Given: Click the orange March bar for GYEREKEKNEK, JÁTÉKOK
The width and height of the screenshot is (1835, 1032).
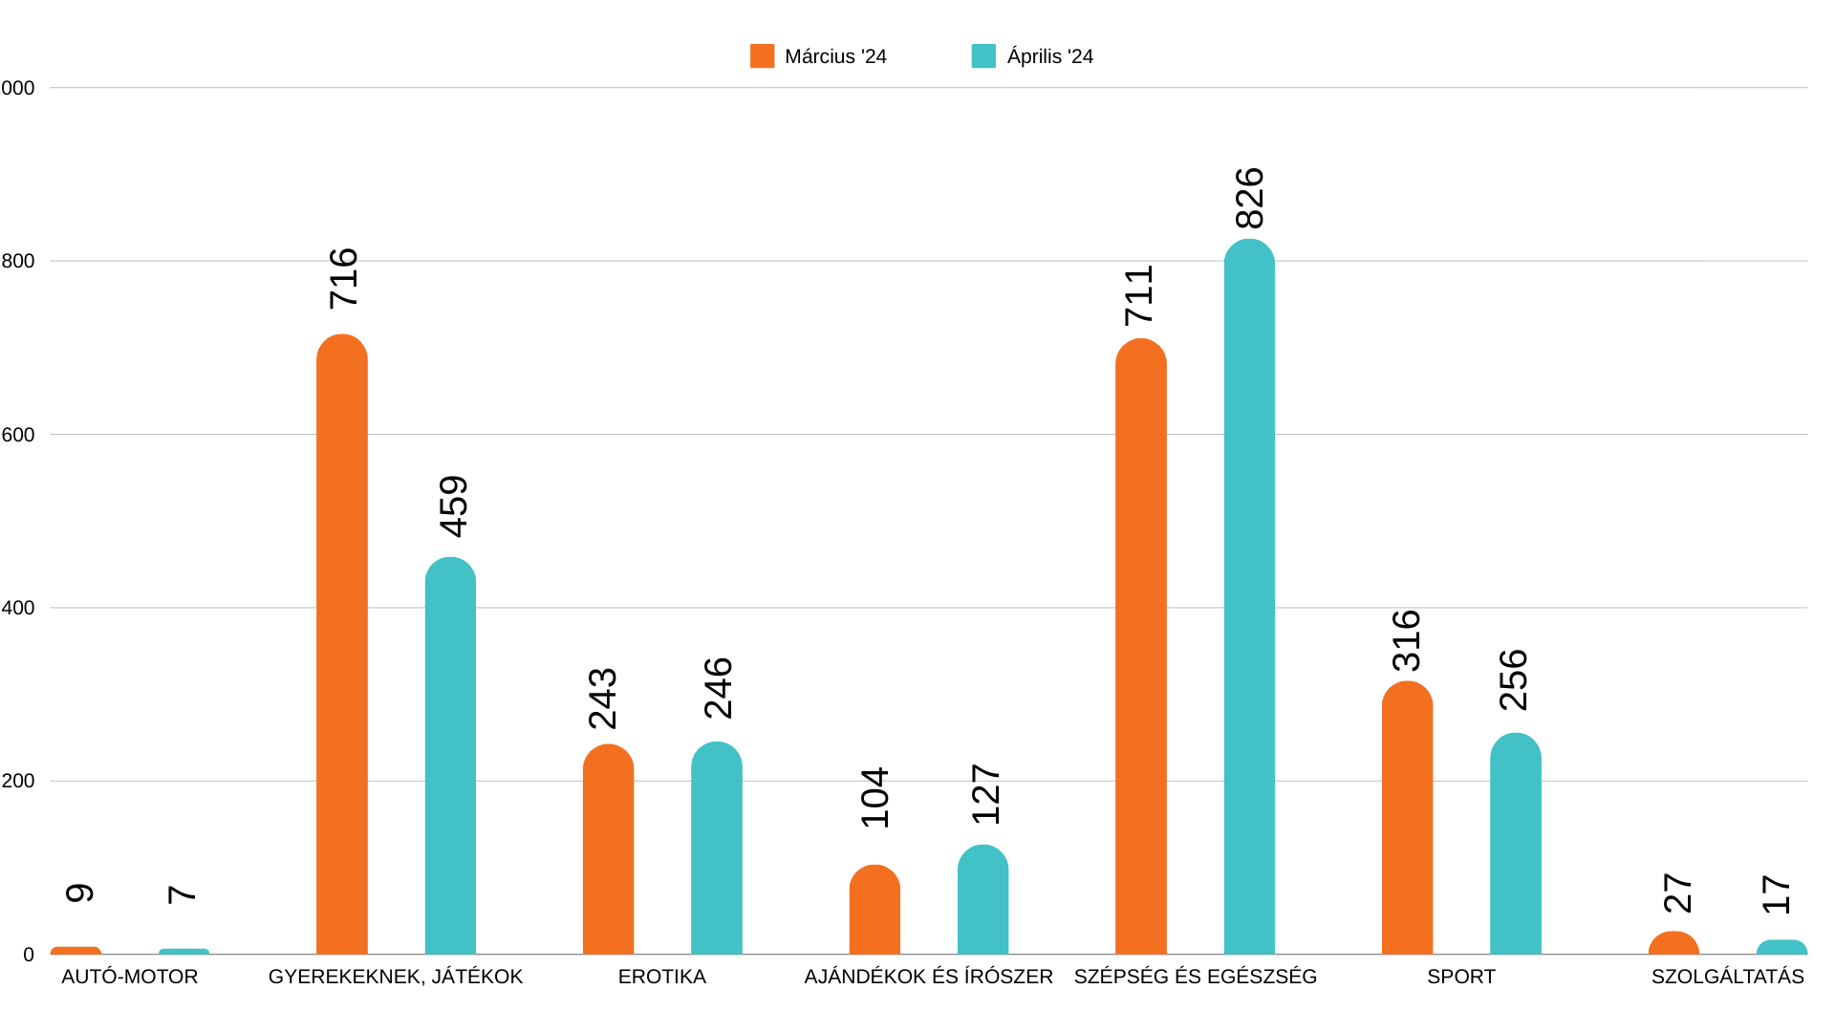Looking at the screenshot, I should tap(341, 645).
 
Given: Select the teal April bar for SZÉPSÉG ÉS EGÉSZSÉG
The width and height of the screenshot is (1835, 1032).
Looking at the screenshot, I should tap(1249, 597).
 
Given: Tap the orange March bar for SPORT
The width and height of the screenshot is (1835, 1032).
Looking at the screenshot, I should tap(1407, 818).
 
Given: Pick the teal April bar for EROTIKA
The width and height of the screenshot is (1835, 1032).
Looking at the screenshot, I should tap(716, 849).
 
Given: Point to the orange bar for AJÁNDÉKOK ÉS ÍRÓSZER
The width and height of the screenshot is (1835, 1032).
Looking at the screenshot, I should tap(874, 910).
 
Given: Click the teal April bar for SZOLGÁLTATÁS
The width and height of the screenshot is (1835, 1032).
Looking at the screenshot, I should tap(1781, 947).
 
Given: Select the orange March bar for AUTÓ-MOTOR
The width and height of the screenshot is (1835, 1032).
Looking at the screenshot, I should tap(76, 950).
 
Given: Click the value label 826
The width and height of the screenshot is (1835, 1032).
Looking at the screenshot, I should tap(1249, 199).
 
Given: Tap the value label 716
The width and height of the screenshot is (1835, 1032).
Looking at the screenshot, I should tap(343, 278).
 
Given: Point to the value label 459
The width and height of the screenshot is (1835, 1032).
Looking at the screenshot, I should tap(453, 506).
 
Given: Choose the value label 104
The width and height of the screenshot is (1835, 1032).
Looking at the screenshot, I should tap(874, 798).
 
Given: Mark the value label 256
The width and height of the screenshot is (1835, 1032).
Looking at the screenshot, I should tap(1514, 680).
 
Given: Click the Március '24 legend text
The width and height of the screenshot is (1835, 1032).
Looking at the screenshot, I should tap(835, 56).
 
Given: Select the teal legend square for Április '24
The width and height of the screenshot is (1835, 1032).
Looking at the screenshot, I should tap(983, 56).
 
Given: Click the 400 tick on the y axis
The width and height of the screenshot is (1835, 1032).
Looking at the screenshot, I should tap(18, 608).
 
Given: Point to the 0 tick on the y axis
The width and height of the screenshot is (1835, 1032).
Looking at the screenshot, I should tap(29, 955).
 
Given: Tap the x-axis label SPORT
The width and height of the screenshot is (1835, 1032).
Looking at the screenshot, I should tap(1460, 977).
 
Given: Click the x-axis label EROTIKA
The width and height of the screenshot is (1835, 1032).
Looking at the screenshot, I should tap(661, 977).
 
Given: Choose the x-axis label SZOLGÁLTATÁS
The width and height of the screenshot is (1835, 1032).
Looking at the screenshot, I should tap(1727, 977).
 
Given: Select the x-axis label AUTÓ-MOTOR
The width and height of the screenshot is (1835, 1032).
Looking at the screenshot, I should tap(129, 977).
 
